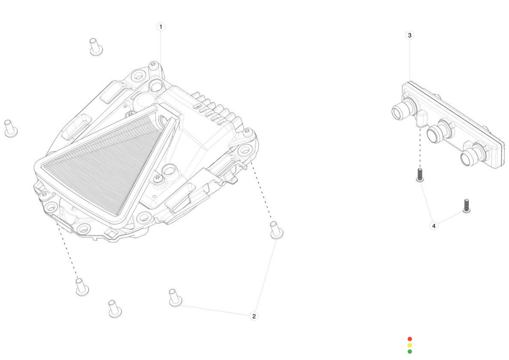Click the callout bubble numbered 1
point(160,26)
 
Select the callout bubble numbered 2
point(254,316)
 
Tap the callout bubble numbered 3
point(410,35)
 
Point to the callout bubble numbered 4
point(434,226)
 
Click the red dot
point(410,339)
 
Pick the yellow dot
point(410,345)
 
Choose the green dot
point(410,351)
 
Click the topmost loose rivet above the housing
point(96,47)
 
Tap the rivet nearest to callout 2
point(175,298)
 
